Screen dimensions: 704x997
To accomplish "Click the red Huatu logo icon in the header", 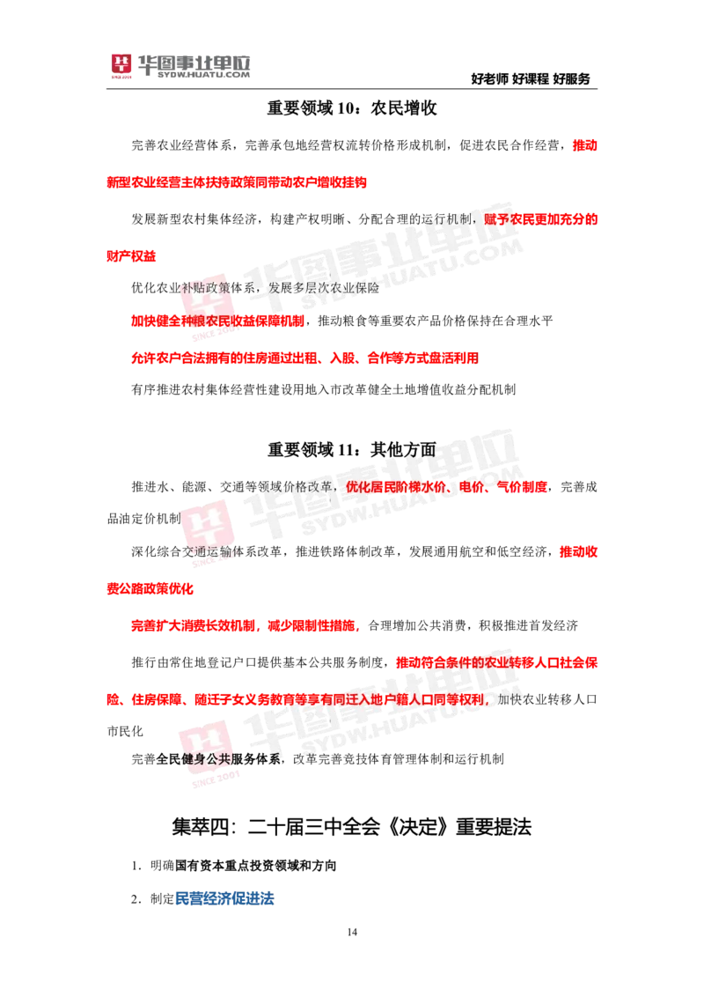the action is pos(121,65).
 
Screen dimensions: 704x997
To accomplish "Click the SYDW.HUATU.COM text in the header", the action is pos(203,75).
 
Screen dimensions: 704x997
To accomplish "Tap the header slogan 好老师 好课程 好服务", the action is pos(531,79).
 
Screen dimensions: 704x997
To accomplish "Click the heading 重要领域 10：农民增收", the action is pos(352,108).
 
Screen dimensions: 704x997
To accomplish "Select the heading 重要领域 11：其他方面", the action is pos(352,450).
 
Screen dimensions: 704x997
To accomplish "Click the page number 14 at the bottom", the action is pos(352,932).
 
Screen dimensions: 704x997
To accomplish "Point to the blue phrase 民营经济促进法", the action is pos(224,898).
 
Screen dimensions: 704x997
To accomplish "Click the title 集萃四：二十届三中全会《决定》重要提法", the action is pos(351,827).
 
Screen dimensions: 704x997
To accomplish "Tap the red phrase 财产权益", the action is pos(131,256).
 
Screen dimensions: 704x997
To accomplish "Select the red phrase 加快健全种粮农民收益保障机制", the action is pos(217,321).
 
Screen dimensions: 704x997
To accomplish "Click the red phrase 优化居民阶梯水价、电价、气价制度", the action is pos(446,487).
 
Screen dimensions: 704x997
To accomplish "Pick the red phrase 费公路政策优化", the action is pos(150,589).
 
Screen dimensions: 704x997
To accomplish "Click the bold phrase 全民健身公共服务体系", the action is pos(218,758).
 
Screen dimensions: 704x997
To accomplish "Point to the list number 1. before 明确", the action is pos(136,866).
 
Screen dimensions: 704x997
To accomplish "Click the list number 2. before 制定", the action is pos(136,899).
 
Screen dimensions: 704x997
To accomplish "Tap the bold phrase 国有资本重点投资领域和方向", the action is pos(255,866).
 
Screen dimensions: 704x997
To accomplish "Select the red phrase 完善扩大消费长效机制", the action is pos(193,625).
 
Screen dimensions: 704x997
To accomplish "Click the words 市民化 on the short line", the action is pos(125,731).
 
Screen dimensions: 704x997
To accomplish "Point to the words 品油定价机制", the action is pos(143,519).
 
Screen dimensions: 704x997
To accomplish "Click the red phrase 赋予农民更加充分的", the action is pos(540,219).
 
